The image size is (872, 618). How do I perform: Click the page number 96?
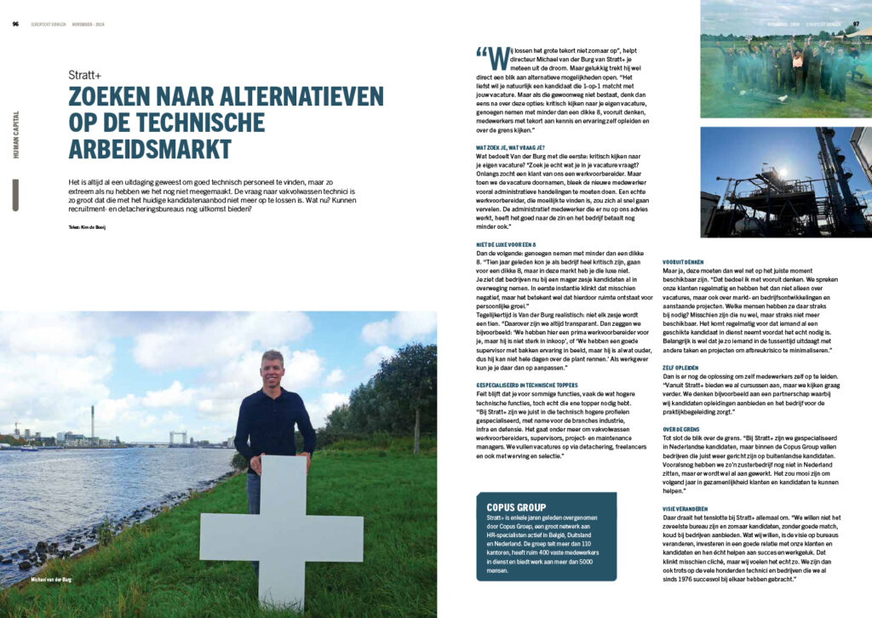coord(16,24)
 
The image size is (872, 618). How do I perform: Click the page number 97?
coord(857,24)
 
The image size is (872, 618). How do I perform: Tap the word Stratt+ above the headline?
coord(85,75)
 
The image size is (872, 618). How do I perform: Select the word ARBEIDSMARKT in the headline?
coord(150,148)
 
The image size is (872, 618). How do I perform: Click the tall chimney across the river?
coord(92,422)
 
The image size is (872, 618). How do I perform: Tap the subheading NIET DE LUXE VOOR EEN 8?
coord(512,245)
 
